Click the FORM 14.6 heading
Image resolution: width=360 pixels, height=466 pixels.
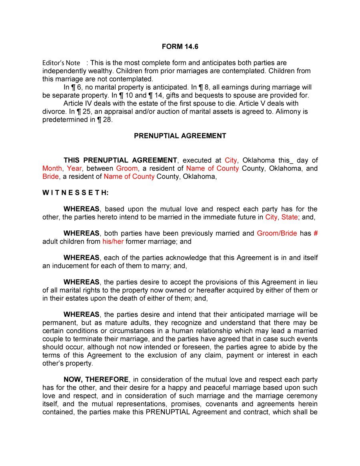(x=180, y=47)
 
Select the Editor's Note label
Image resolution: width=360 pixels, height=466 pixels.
(x=61, y=63)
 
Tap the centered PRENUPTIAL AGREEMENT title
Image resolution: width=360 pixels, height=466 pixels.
(x=180, y=136)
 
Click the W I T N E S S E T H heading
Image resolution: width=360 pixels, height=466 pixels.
(x=76, y=193)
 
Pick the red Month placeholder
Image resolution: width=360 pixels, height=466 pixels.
(x=52, y=168)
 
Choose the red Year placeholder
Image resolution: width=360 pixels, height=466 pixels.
(x=74, y=168)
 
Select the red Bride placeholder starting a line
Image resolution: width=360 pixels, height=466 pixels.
(x=50, y=177)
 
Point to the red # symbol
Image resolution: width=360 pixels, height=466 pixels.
(x=316, y=233)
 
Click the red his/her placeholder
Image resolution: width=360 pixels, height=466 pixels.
(x=113, y=242)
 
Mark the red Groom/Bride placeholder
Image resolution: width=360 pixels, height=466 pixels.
(x=277, y=233)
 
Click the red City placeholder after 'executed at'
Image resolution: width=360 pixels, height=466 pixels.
(x=231, y=160)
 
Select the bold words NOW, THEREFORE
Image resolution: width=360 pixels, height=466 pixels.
(x=96, y=380)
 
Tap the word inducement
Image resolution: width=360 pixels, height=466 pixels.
(x=68, y=266)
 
